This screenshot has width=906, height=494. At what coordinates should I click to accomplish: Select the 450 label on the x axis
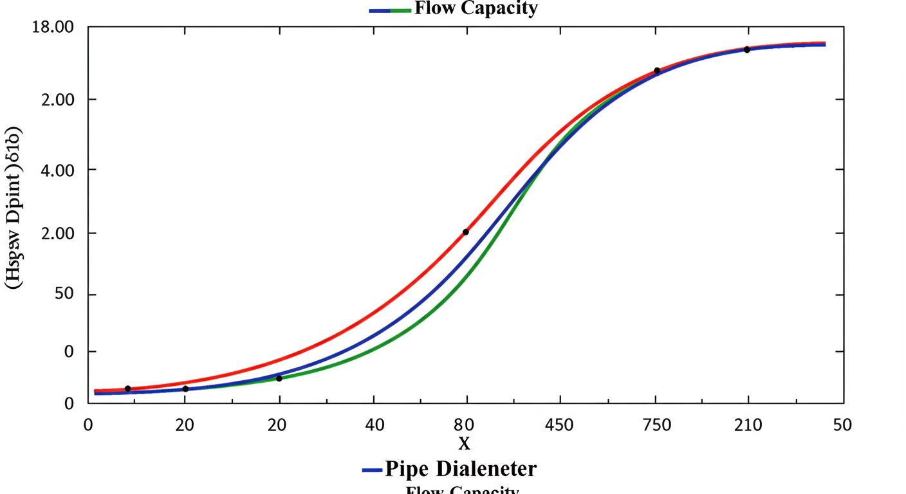(561, 425)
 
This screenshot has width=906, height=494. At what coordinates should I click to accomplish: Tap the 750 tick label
(657, 425)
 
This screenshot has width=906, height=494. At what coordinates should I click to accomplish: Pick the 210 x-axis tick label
(748, 425)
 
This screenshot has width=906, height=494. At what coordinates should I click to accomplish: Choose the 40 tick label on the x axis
(374, 425)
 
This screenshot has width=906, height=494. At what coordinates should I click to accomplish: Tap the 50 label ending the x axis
(842, 425)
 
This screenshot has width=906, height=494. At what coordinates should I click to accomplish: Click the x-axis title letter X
(464, 443)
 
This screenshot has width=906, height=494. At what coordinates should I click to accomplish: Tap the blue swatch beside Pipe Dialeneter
(372, 470)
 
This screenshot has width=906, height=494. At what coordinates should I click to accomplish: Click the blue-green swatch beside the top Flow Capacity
(389, 10)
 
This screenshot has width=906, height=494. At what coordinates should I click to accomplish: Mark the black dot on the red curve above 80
(465, 232)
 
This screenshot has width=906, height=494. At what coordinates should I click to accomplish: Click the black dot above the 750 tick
(657, 71)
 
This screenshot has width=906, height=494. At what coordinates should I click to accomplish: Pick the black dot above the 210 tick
(747, 50)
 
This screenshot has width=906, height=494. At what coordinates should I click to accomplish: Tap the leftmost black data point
(127, 389)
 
